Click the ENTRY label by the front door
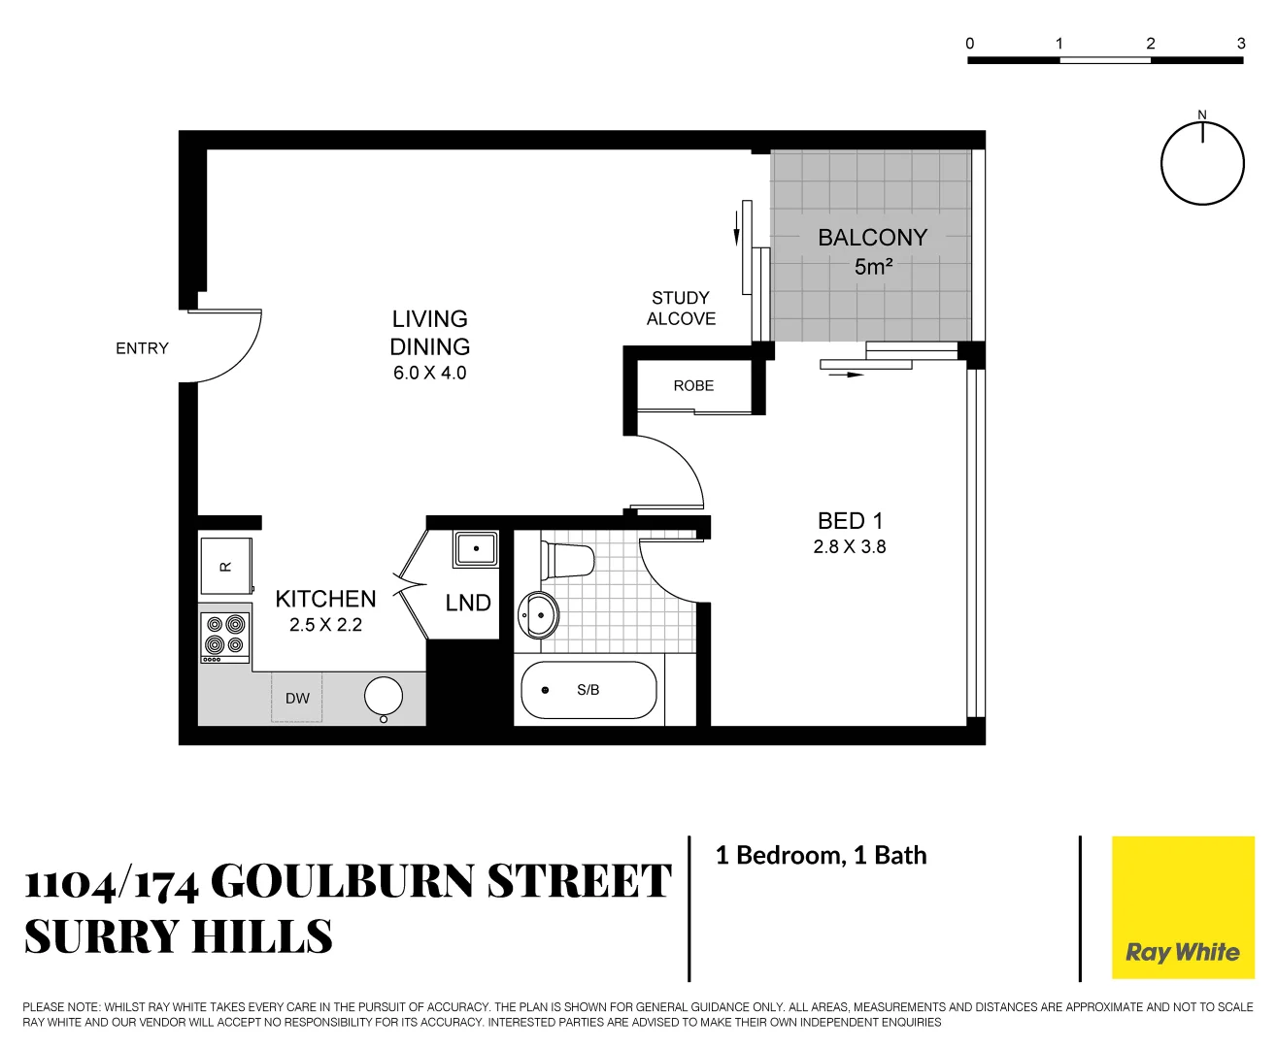click(x=142, y=348)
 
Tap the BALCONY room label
click(x=872, y=238)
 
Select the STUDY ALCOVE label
click(x=681, y=309)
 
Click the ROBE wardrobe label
click(x=693, y=386)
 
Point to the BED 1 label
click(x=850, y=521)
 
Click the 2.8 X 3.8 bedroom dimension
click(x=850, y=547)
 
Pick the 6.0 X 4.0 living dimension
click(x=429, y=374)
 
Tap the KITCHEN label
click(x=325, y=599)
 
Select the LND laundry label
click(x=468, y=604)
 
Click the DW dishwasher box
click(x=297, y=699)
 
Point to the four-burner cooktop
click(x=225, y=636)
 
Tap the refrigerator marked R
click(x=225, y=567)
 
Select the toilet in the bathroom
click(x=569, y=561)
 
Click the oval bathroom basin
click(x=538, y=614)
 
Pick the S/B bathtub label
click(x=588, y=690)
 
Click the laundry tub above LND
click(x=476, y=549)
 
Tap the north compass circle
click(x=1202, y=164)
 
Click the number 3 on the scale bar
click(x=1241, y=44)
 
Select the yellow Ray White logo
click(x=1183, y=907)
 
